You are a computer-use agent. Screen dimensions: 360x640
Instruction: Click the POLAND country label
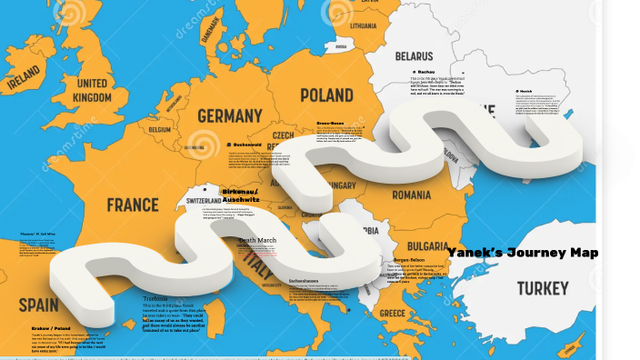pyautogui.click(x=326, y=95)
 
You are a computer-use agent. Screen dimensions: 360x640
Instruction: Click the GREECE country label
pyautogui.click(x=393, y=313)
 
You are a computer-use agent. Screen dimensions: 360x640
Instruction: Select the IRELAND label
pyautogui.click(x=24, y=83)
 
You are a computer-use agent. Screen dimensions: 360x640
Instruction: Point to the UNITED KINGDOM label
pyautogui.click(x=93, y=90)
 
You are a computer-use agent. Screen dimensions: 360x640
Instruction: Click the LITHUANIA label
pyautogui.click(x=363, y=25)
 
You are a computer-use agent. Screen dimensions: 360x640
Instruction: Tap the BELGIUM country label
pyautogui.click(x=160, y=130)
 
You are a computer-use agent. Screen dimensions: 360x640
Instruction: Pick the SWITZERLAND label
pyautogui.click(x=210, y=200)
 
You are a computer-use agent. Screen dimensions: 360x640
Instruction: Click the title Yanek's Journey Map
pyautogui.click(x=522, y=253)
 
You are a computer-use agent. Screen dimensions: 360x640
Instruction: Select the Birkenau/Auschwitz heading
pyautogui.click(x=240, y=195)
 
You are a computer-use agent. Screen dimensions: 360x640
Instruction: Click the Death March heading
pyautogui.click(x=257, y=240)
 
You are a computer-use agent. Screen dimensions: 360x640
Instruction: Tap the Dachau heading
pyautogui.click(x=425, y=70)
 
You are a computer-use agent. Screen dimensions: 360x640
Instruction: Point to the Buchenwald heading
pyautogui.click(x=246, y=144)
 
